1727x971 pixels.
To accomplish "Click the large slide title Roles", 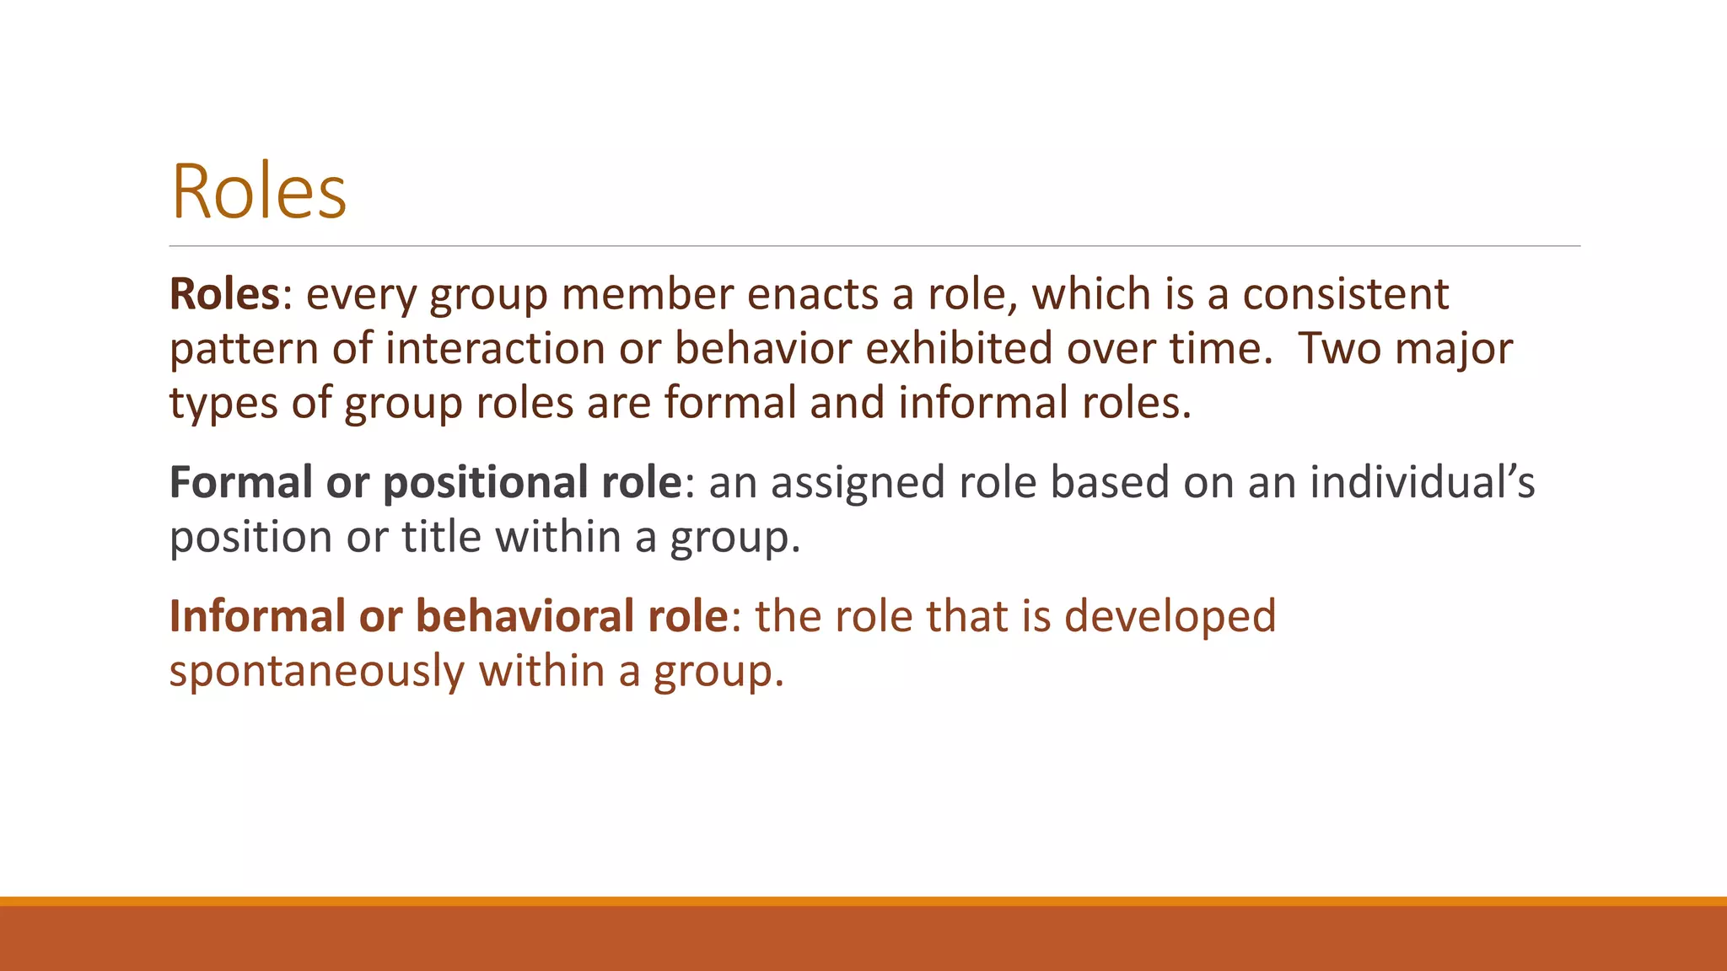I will click(259, 191).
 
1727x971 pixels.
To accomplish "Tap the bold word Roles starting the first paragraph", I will click(224, 294).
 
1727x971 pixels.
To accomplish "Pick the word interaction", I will click(495, 348).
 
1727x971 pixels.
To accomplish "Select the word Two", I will click(1340, 348).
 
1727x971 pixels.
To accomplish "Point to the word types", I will click(223, 404).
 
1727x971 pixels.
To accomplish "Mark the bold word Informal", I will click(257, 616).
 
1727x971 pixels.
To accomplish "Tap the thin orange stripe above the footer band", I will click(863, 901).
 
